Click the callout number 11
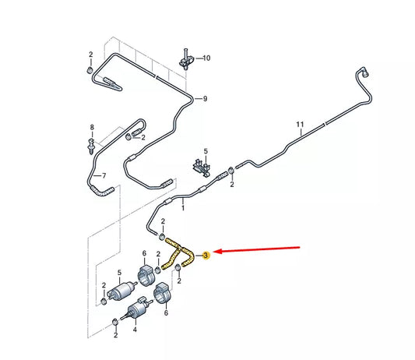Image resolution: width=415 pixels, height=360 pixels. tap(299, 125)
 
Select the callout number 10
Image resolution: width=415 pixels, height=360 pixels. tap(207, 58)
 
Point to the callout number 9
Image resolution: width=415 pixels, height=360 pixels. tap(206, 99)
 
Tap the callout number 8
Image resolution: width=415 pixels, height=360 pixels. tap(91, 128)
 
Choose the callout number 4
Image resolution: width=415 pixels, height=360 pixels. tap(135, 330)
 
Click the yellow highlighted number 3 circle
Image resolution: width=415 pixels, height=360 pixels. tap(206, 255)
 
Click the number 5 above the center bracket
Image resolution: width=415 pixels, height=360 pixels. tap(206, 151)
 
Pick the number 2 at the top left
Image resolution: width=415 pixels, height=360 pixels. tap(91, 55)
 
